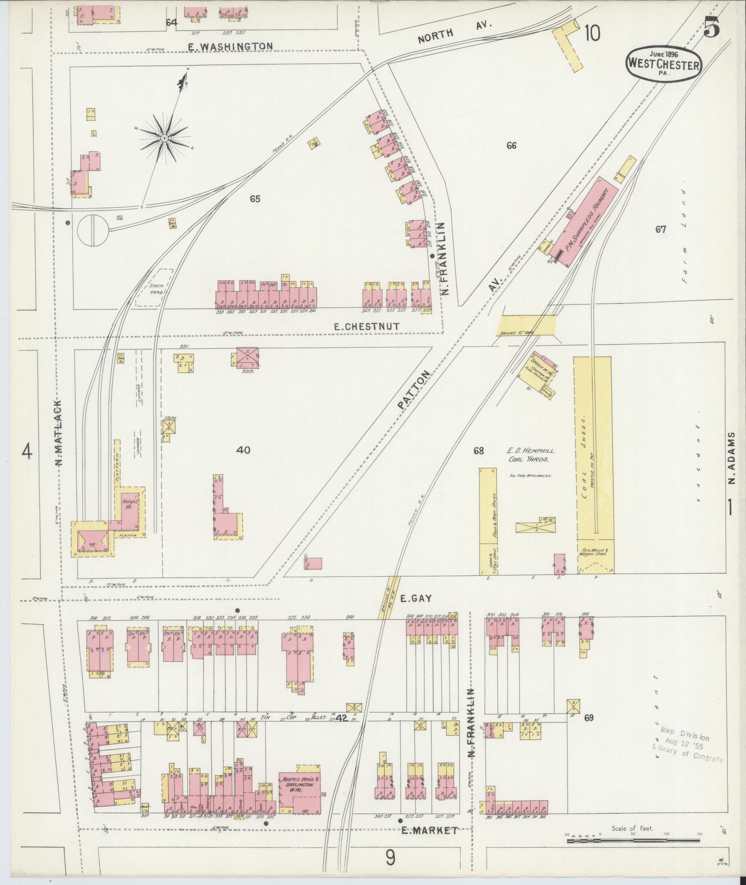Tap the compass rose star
pyautogui.click(x=164, y=138)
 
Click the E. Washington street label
pyautogui.click(x=231, y=46)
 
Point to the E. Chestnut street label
pyautogui.click(x=367, y=327)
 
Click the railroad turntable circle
pyautogui.click(x=92, y=230)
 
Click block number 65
pyautogui.click(x=255, y=199)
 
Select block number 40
pyautogui.click(x=243, y=450)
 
